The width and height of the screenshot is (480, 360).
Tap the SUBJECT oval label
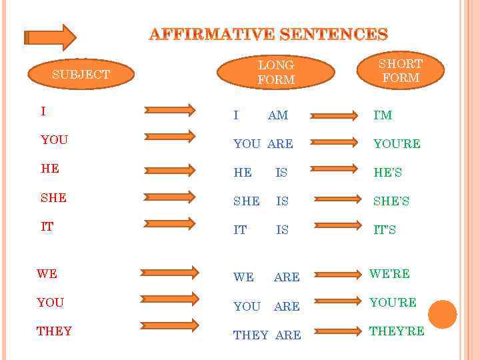pos(81,74)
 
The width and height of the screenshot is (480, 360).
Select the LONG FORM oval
pos(275,73)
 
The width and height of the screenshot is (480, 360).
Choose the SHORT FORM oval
pos(400,71)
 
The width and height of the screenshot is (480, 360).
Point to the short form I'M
pos(383,115)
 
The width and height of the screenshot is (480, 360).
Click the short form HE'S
pos(387,173)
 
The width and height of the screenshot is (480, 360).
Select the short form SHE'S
pos(391,201)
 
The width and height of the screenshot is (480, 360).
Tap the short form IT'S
pos(385,230)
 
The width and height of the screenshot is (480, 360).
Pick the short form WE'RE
pos(389,273)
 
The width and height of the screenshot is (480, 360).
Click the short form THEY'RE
pos(397,331)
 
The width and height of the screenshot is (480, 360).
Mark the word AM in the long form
pos(278,115)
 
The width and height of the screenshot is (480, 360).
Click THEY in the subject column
pos(55,331)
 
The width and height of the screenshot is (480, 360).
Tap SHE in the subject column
pos(53,197)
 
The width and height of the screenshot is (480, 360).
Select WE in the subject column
pos(47,273)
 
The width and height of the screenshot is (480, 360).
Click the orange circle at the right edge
pos(442,314)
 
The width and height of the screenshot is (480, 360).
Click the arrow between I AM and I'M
pos(336,115)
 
